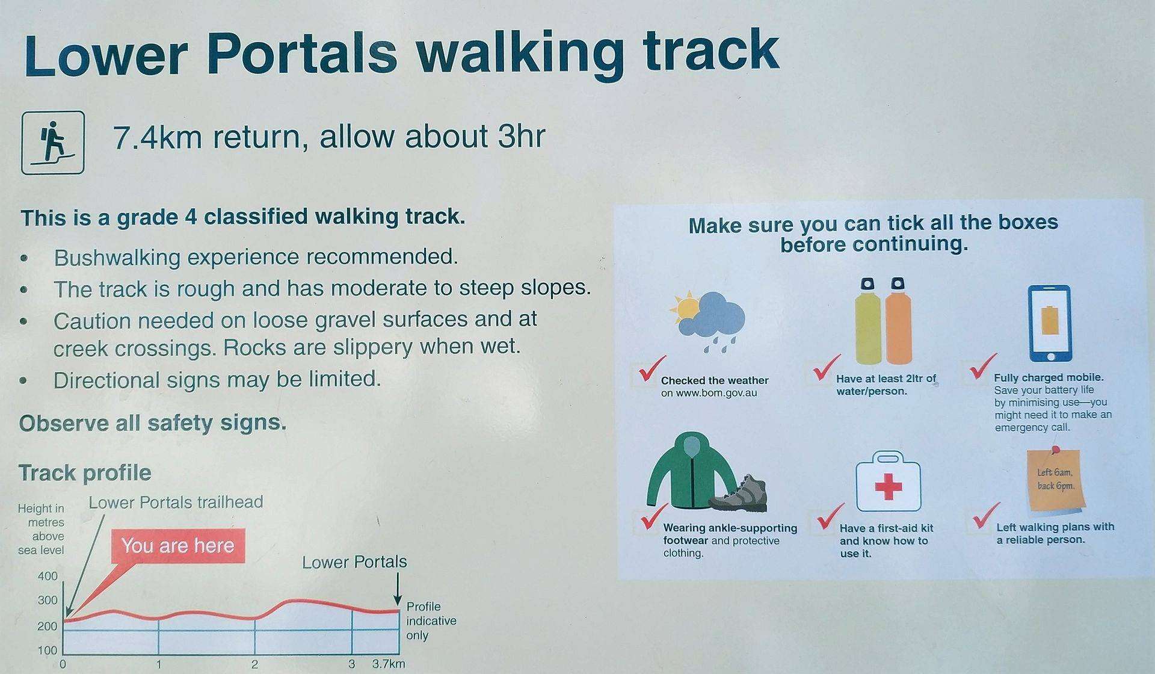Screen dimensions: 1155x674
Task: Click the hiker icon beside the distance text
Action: [x=53, y=143]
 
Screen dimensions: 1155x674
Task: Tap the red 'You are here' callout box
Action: [x=178, y=546]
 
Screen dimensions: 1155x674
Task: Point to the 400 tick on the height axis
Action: [x=48, y=576]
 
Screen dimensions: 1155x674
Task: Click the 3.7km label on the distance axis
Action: [x=389, y=664]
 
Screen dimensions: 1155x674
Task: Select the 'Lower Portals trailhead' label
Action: [x=176, y=502]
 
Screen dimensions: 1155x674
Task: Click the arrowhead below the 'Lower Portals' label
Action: [x=397, y=600]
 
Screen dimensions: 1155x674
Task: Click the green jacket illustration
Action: [x=691, y=471]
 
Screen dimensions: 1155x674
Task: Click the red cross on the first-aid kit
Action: [x=888, y=486]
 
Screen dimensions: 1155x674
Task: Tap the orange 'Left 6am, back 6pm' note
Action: [x=1056, y=481]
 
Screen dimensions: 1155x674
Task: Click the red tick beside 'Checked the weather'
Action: [x=652, y=369]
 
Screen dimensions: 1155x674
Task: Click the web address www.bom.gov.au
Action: [x=709, y=394]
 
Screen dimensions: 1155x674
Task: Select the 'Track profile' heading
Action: [x=85, y=473]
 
